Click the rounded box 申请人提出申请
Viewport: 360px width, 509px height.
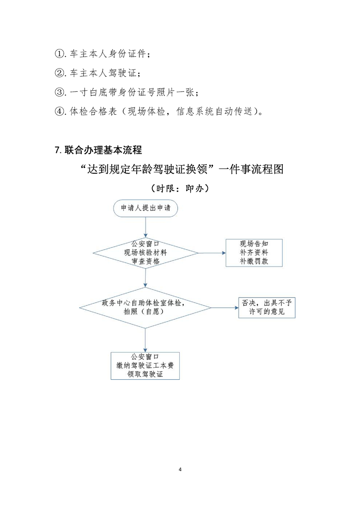tap(145, 208)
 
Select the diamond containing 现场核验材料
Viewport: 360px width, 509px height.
tap(145, 253)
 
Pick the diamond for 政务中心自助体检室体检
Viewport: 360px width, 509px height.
tap(145, 308)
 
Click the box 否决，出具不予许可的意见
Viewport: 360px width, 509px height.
tap(267, 308)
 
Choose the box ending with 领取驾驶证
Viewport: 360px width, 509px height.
tap(145, 365)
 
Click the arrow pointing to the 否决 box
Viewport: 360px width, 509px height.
tap(224, 308)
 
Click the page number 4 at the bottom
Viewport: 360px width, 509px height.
tap(180, 469)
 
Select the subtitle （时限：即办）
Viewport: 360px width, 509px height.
tap(180, 188)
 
